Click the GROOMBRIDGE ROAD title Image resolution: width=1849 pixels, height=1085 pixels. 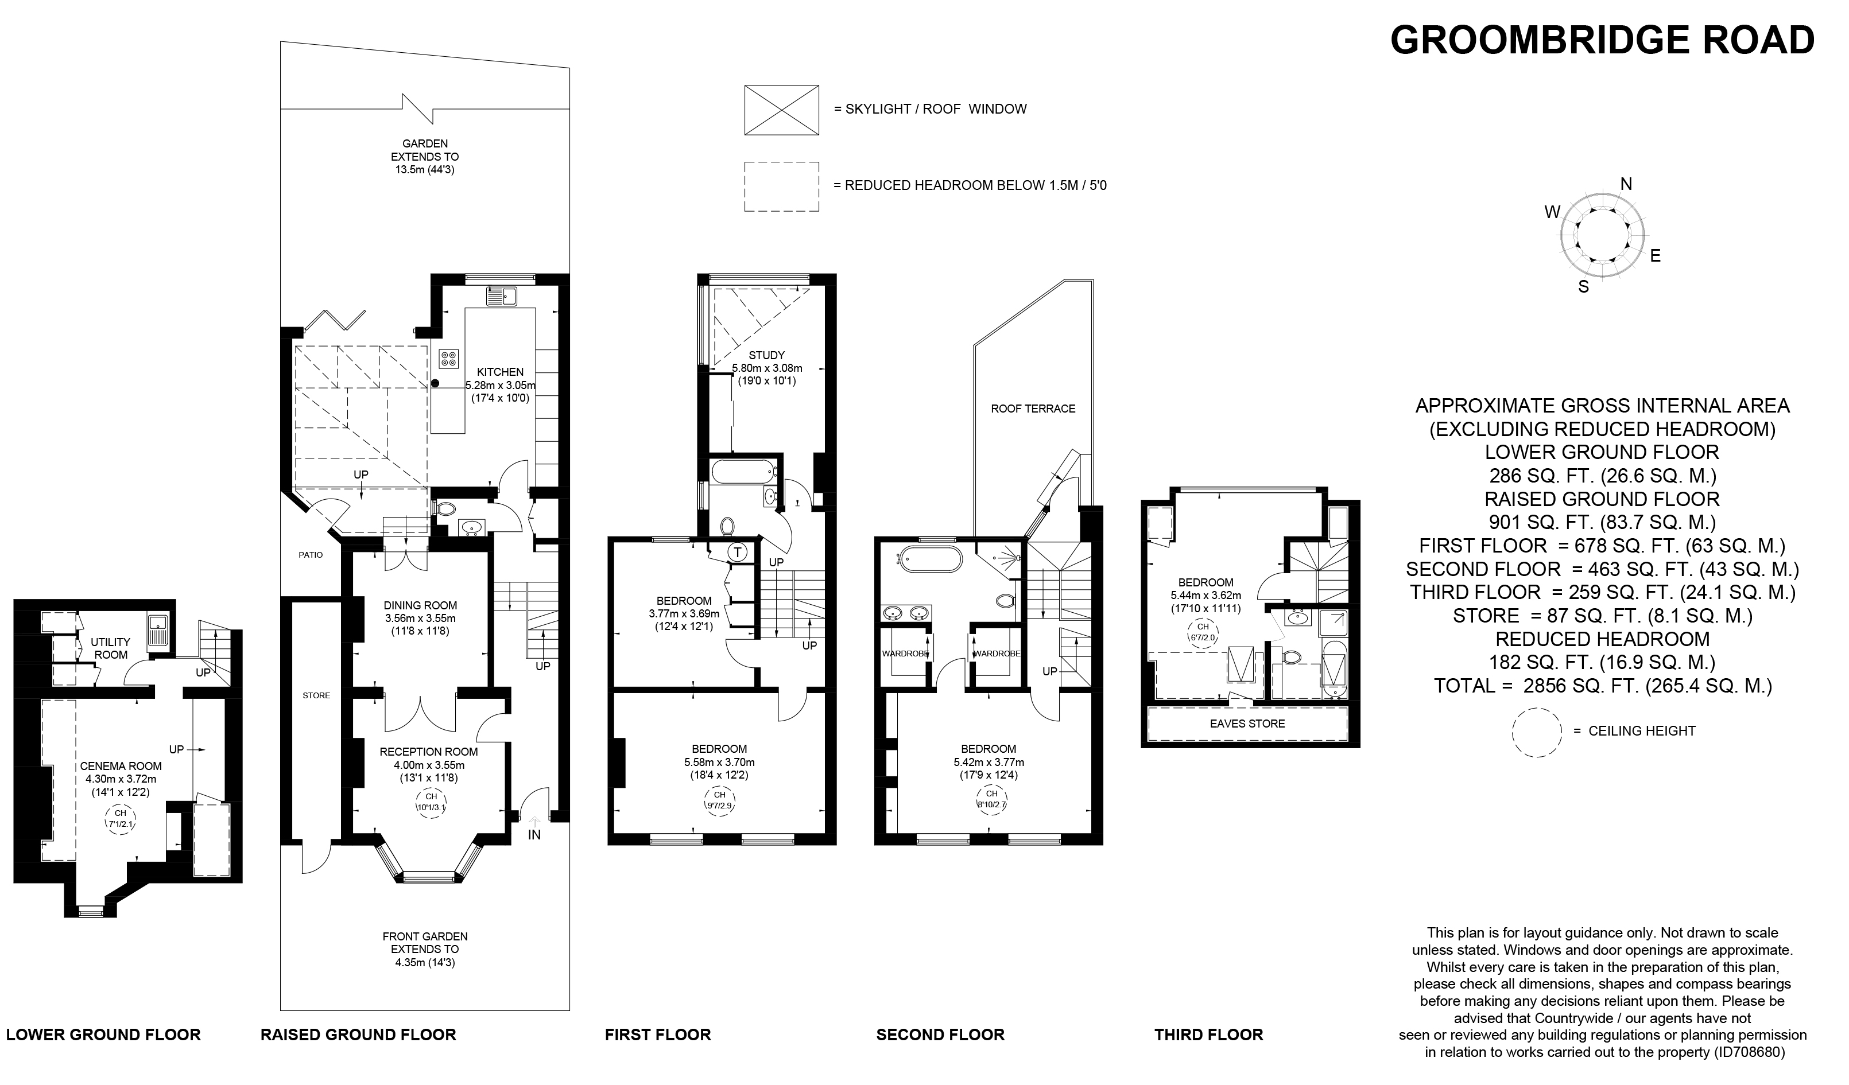coord(1602,40)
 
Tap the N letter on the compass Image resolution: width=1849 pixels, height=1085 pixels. coord(1626,184)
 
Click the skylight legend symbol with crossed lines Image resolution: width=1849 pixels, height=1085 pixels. coord(781,110)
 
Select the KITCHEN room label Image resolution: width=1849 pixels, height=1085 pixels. coord(501,372)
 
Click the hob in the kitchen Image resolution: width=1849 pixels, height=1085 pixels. coord(448,359)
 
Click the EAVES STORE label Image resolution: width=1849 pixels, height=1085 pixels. coord(1247,724)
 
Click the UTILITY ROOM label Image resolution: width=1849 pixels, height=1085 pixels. coord(111,648)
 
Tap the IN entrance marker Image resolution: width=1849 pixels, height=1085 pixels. coord(534,834)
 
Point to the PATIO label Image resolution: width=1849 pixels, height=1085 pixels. coord(311,555)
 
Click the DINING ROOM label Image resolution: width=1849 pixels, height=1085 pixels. coord(420,605)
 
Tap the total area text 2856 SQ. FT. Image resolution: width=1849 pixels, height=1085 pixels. coord(1603,686)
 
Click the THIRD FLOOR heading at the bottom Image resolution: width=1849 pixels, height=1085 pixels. coord(1208,1035)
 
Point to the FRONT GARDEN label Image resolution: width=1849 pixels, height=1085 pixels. coord(425,937)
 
